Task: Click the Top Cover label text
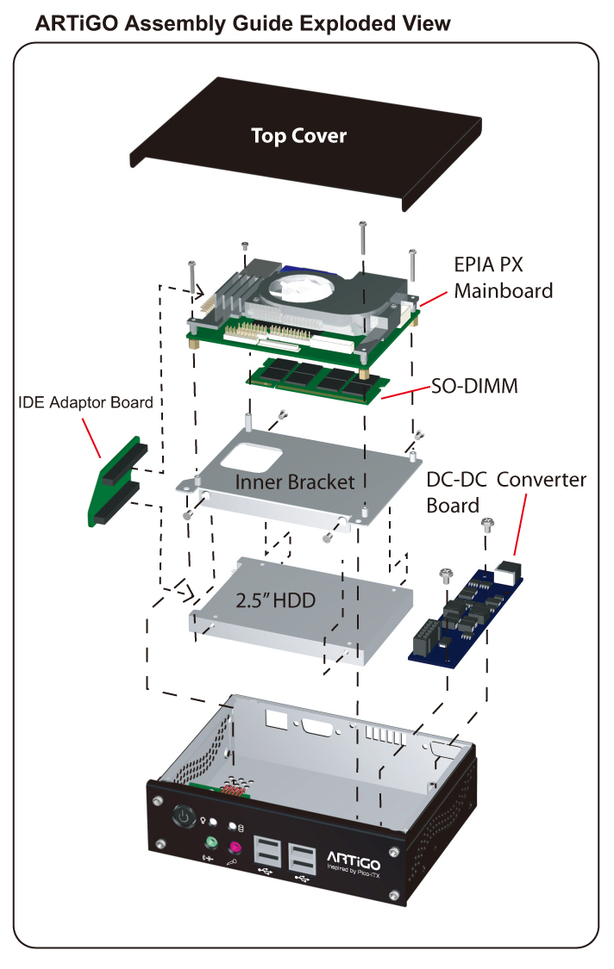298,136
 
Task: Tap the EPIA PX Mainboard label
504,276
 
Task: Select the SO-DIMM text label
475,387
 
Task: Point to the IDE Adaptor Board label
85,402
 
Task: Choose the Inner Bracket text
295,482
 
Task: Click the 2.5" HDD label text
276,601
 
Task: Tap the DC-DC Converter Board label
505,492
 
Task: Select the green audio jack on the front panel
209,843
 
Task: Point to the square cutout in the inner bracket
256,456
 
